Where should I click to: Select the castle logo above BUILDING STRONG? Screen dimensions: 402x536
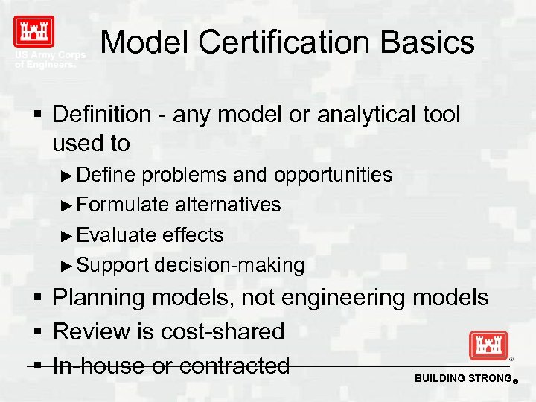tap(488, 346)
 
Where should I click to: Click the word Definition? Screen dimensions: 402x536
tap(102, 115)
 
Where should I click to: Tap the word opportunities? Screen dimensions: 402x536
tap(333, 176)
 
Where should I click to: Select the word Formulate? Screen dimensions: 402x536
tap(124, 205)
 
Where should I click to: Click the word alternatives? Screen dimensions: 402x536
tap(228, 205)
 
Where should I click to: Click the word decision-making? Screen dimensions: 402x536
tap(229, 265)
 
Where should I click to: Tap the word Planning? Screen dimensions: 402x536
tap(99, 299)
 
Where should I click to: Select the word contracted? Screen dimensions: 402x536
tap(234, 366)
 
